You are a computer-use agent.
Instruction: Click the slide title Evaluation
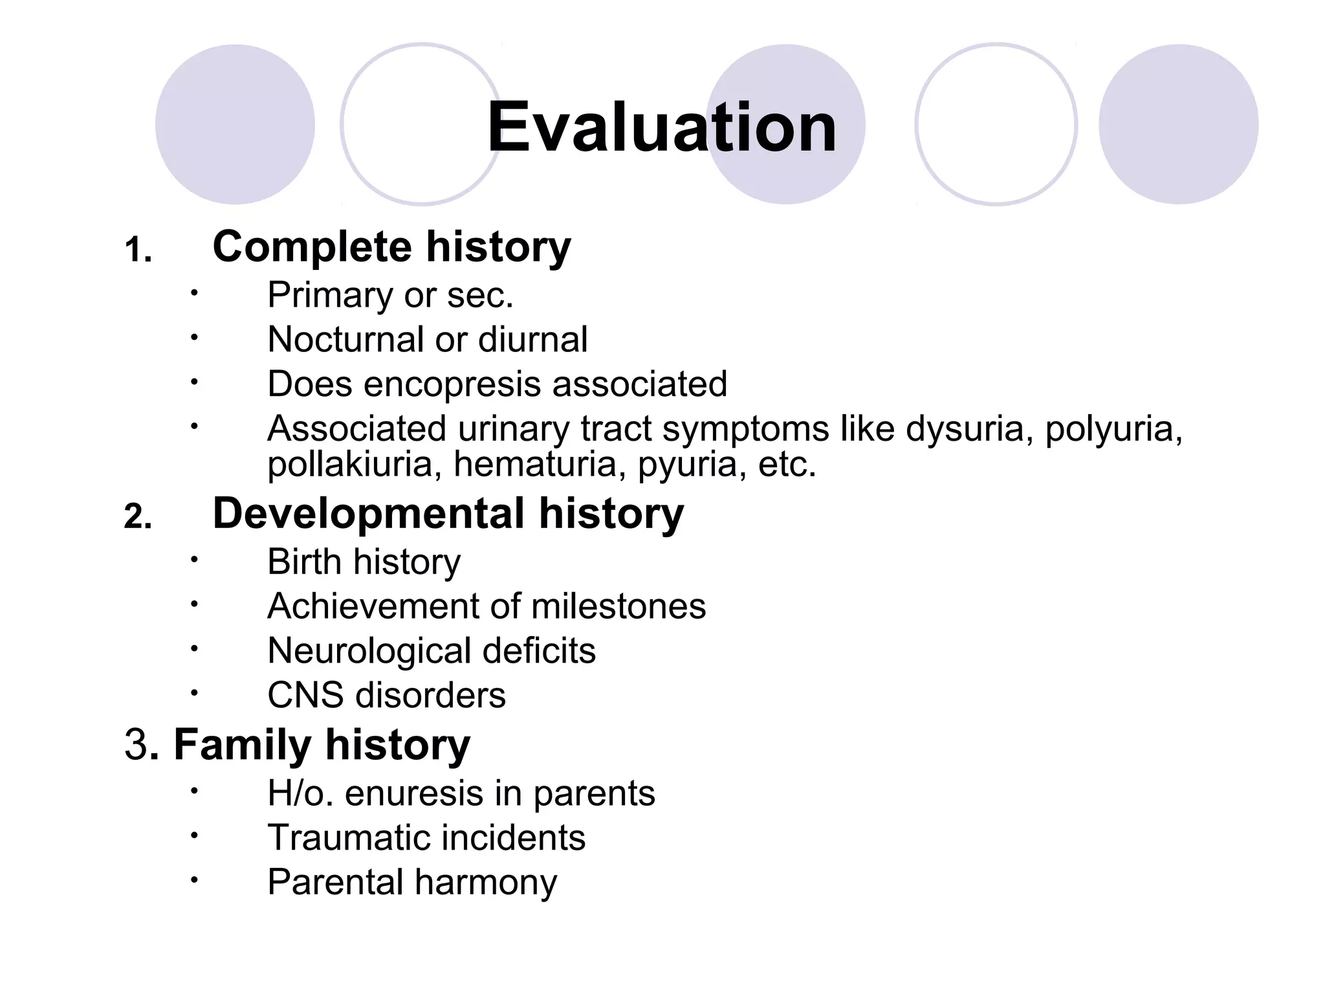tap(661, 127)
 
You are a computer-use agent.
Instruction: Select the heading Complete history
tap(391, 247)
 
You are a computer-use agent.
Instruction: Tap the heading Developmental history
tap(448, 514)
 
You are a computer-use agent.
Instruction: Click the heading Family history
tap(322, 745)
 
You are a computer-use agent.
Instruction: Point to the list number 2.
tap(137, 517)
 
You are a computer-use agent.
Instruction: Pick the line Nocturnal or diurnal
tap(427, 340)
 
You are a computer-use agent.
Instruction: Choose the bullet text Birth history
tap(364, 562)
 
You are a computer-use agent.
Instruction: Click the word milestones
tap(618, 606)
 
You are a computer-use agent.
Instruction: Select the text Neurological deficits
tap(431, 651)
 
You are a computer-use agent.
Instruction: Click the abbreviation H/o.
tap(300, 793)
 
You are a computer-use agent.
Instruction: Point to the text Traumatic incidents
tap(426, 838)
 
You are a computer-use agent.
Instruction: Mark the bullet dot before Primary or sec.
tap(193, 293)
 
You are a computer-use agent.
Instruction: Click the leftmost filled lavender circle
tap(235, 124)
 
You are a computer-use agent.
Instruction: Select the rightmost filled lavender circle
tap(1178, 124)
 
